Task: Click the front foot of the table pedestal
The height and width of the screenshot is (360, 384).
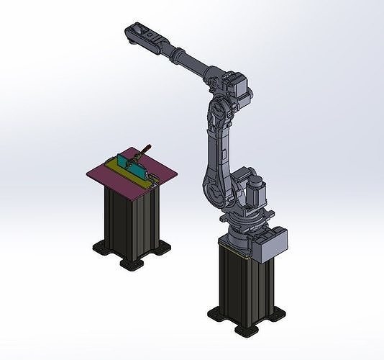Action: point(132,264)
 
